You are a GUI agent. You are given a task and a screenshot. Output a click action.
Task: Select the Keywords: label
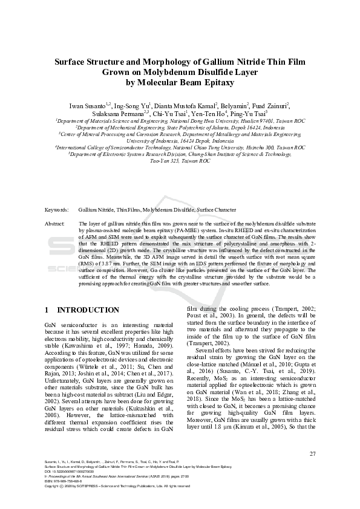click(x=56, y=210)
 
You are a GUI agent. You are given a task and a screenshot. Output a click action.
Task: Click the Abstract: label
click(x=55, y=224)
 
